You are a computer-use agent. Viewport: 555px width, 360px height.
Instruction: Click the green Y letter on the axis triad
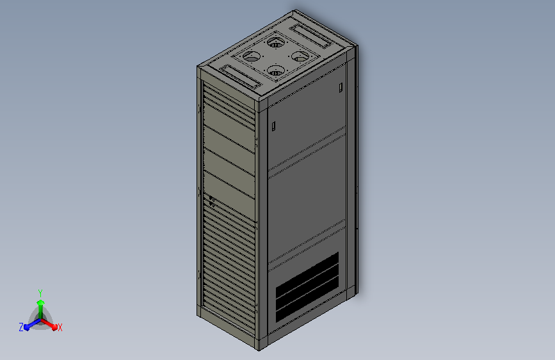point(40,291)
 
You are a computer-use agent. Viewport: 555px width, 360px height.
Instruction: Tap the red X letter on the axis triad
point(60,327)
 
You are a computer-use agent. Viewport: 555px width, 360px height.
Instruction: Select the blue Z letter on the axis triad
point(21,327)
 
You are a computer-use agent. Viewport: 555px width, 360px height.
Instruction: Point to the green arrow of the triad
point(40,304)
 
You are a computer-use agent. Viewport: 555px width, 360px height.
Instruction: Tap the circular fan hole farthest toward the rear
point(277,43)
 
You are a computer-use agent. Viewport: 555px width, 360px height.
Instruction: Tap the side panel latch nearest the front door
point(273,126)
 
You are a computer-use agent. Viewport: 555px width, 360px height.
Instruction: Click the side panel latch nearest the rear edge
point(341,87)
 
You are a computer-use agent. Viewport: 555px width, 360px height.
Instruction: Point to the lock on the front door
point(209,200)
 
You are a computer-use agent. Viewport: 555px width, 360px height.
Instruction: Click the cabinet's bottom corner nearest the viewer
point(259,349)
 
